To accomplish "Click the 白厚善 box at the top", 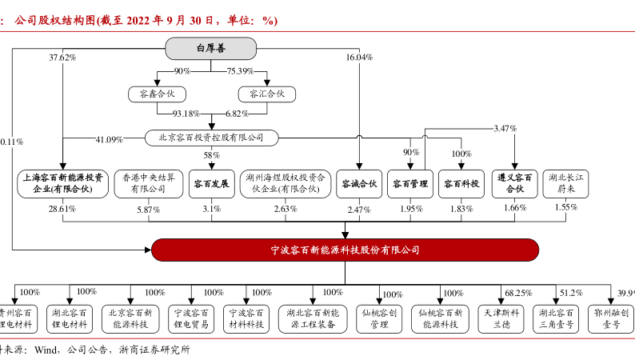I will pos(211,49).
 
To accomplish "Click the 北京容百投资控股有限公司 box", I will pos(211,138).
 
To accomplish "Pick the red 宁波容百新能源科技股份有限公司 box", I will pos(345,250).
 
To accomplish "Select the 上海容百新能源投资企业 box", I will pos(62,183).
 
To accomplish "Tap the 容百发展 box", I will pos(211,183).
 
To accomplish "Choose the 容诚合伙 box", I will pos(357,183).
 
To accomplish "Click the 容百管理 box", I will pos(410,183).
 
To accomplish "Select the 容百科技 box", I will pos(462,183).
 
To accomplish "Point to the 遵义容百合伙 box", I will pos(515,183).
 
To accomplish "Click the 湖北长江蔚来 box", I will pos(565,183).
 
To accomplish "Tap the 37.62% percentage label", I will pos(62,58).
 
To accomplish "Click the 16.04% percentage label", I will pos(359,58).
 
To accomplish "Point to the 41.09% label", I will pos(109,139).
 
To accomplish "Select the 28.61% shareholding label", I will pos(62,209).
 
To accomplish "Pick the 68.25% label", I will pos(517,293).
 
